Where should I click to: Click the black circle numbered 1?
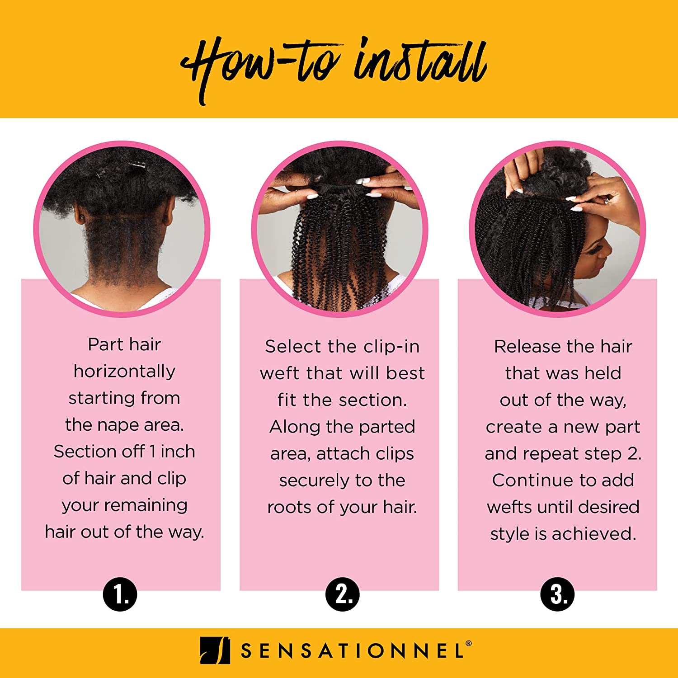pyautogui.click(x=120, y=594)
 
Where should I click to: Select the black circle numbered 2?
pyautogui.click(x=343, y=594)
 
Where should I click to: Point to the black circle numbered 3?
pyautogui.click(x=557, y=594)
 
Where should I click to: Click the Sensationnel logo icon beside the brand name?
pyautogui.click(x=215, y=651)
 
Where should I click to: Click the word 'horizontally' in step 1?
pyautogui.click(x=124, y=372)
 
